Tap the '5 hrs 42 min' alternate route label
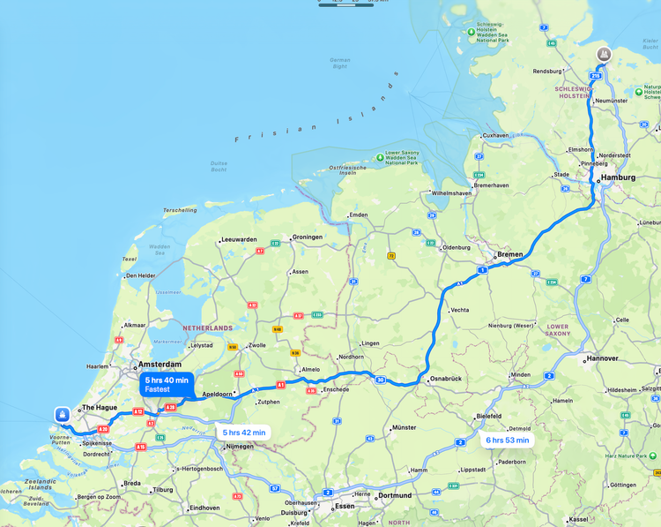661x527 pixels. tap(243, 433)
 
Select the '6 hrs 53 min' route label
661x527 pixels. tap(507, 440)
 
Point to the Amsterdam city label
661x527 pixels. tap(159, 364)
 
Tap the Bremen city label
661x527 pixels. tap(510, 254)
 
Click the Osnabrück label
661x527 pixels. tap(445, 379)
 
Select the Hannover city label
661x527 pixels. tap(605, 358)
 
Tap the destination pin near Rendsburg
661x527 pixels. tap(604, 53)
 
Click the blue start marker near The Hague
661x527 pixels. tap(62, 414)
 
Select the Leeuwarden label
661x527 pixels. tap(239, 239)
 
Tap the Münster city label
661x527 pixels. tap(404, 427)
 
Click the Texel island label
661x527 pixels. tap(129, 260)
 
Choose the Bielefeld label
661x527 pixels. tap(488, 415)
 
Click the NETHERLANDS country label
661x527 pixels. tap(207, 327)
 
